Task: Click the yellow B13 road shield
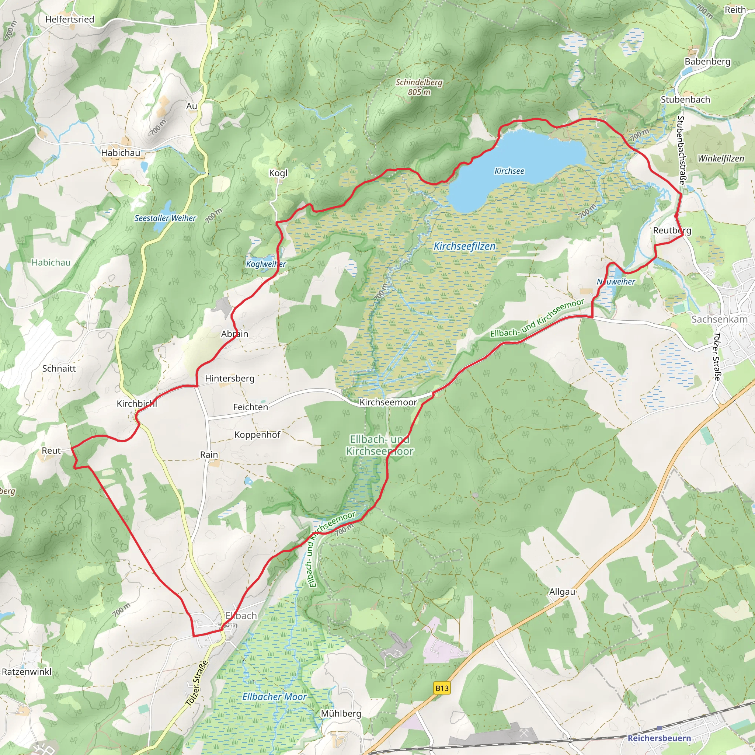click(x=442, y=688)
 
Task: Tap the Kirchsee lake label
click(x=509, y=171)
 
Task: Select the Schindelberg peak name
click(x=419, y=83)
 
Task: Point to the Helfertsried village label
click(x=70, y=20)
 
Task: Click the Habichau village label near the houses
click(x=120, y=153)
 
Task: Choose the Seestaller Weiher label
click(x=165, y=218)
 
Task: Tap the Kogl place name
click(x=278, y=173)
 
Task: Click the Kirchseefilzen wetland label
click(x=464, y=246)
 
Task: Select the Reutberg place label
click(x=672, y=230)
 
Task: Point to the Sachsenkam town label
click(x=719, y=319)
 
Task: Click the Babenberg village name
click(x=707, y=62)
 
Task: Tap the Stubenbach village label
click(x=685, y=100)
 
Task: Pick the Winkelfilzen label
click(x=721, y=159)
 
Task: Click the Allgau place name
click(x=562, y=592)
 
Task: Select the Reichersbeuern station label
click(x=659, y=738)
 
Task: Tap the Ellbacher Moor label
click(x=274, y=697)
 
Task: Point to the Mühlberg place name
click(x=341, y=714)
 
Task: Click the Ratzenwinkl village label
click(x=27, y=672)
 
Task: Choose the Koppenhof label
click(x=257, y=435)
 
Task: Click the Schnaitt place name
click(x=59, y=369)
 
